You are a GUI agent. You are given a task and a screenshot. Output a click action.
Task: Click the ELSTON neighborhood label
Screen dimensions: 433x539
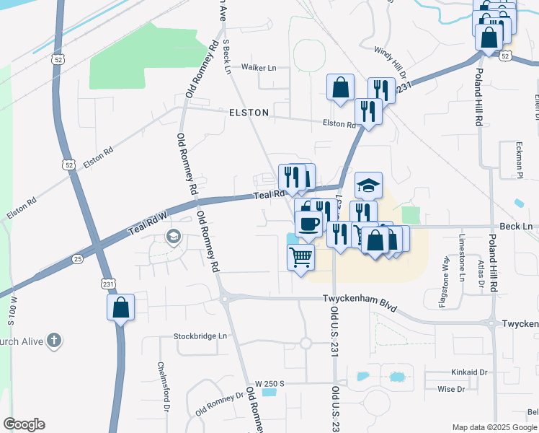pos(249,113)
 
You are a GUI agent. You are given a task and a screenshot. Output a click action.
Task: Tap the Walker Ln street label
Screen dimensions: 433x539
pos(259,67)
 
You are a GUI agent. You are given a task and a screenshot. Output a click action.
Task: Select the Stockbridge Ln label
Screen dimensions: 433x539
pos(200,336)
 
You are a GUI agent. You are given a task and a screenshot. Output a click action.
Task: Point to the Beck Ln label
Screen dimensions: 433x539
pos(515,227)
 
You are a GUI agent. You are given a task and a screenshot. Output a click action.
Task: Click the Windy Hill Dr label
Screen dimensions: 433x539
pos(390,62)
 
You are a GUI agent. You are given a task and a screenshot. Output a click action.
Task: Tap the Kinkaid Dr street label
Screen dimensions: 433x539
pos(450,373)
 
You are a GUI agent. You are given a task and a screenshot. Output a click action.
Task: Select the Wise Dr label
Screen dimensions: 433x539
pos(450,389)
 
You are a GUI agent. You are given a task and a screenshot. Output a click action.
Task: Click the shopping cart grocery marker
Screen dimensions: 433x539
pos(300,256)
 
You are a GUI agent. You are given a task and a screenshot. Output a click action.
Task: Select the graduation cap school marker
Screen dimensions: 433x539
pos(368,185)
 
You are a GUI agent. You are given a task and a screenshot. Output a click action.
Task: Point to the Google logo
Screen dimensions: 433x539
pos(24,424)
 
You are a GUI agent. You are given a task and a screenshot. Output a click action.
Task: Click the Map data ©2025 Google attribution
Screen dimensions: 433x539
pos(494,427)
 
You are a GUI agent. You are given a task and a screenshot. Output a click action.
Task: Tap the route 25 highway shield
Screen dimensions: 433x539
pos(77,258)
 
